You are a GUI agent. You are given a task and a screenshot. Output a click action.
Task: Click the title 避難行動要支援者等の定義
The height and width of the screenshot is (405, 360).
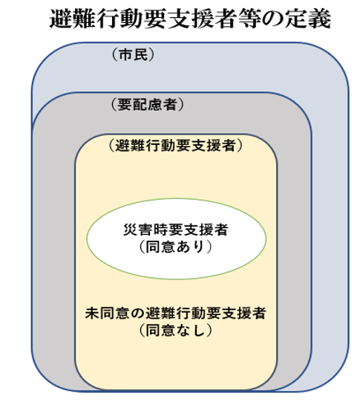tap(190, 19)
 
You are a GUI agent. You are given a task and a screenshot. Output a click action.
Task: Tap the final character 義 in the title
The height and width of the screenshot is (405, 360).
tap(321, 19)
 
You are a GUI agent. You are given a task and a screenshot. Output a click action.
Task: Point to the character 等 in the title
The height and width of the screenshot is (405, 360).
tap(250, 19)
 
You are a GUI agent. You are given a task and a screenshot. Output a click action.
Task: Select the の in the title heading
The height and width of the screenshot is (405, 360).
tap(273, 19)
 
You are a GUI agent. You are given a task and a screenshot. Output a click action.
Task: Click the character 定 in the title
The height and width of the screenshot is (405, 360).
tap(297, 19)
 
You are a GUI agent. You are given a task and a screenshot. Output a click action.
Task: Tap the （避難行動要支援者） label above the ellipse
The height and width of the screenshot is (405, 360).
tap(176, 146)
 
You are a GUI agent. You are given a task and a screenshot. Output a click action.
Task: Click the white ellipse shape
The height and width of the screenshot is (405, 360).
tap(177, 239)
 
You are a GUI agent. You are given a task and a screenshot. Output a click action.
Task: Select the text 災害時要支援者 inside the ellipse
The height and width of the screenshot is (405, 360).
tap(177, 230)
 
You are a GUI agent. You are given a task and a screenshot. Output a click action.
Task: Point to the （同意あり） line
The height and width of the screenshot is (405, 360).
tap(177, 247)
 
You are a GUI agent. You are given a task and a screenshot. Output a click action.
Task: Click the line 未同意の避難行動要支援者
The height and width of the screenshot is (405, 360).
tap(176, 313)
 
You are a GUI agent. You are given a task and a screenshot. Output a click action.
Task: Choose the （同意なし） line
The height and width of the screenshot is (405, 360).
tap(176, 330)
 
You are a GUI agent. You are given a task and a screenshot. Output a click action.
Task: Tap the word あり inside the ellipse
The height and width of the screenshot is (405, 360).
tap(192, 247)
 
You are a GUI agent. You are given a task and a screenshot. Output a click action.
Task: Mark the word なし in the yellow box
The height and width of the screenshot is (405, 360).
tap(192, 330)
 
